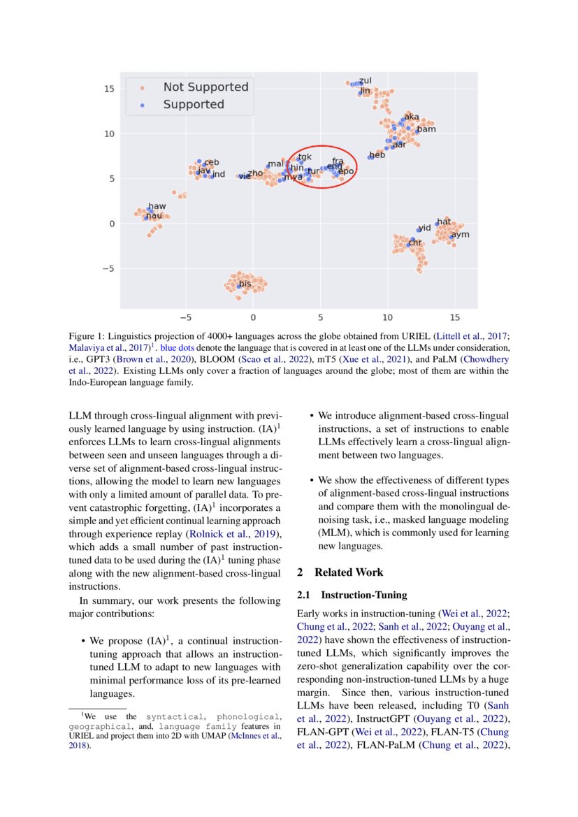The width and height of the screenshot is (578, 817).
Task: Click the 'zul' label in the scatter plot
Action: pos(366,81)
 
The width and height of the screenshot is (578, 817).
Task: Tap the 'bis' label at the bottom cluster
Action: pos(245,284)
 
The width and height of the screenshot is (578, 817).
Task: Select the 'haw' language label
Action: pos(157,206)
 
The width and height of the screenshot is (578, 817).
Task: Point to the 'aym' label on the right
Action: pos(460,235)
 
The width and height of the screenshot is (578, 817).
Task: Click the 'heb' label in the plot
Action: pos(377,155)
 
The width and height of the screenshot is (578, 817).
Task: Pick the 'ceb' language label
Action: pos(211,162)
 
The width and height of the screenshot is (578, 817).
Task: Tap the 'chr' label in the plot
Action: pos(415,243)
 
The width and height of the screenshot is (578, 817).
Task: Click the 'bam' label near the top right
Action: pos(426,129)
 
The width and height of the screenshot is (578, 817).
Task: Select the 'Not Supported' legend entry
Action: pos(205,87)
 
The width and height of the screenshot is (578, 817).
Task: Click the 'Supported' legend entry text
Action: pos(194,105)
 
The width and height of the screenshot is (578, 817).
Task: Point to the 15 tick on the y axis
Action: pos(109,89)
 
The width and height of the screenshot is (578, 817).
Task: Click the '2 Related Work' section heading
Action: pos(340,572)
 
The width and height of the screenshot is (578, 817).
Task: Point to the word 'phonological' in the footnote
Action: pos(249,716)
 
